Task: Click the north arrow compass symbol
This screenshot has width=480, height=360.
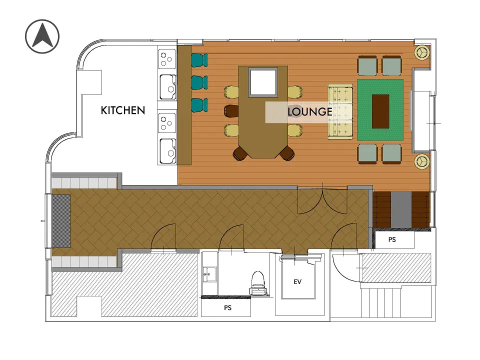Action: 42,36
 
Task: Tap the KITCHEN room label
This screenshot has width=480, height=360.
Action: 123,110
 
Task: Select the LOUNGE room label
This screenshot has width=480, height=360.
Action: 310,111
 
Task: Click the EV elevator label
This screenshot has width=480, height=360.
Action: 297,281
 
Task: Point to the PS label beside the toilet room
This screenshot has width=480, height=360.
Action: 228,307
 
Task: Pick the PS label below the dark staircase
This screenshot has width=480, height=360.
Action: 392,239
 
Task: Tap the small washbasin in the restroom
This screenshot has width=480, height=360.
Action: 209,274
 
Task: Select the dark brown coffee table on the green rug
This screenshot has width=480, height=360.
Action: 380,111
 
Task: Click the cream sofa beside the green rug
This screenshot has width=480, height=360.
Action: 340,111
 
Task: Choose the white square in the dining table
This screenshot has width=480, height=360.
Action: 263,82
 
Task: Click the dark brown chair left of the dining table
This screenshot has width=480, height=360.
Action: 231,111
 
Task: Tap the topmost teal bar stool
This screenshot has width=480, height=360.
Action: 199,60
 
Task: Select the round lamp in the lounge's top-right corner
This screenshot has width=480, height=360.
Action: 422,52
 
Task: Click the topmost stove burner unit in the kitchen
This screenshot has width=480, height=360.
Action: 167,59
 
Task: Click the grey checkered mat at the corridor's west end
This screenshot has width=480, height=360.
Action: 61,221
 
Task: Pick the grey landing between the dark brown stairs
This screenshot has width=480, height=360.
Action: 401,209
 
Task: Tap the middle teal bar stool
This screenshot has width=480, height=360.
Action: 199,82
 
